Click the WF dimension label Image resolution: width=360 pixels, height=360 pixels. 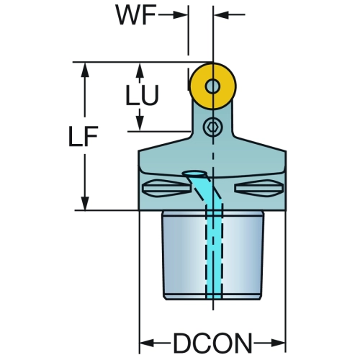click(136, 15)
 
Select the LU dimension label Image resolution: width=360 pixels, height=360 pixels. click(142, 95)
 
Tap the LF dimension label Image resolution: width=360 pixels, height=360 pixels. click(83, 136)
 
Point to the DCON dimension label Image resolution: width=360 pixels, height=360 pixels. click(212, 343)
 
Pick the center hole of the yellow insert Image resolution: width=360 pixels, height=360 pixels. click(212, 86)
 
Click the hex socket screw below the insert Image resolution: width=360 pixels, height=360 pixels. click(212, 127)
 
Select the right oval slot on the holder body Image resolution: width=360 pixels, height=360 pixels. click(258, 188)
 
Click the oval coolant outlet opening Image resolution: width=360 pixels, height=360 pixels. click(194, 174)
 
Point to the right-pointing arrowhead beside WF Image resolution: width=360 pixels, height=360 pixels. click(180, 15)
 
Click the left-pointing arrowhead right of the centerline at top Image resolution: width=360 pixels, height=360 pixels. click(221, 15)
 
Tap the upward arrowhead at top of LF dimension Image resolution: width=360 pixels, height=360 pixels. click(85, 70)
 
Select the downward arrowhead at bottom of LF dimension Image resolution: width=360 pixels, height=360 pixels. click(85, 203)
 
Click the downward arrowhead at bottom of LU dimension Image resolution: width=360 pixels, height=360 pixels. click(140, 123)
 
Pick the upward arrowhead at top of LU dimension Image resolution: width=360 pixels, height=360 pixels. click(140, 70)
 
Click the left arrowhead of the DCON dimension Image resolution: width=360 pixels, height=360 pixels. click(147, 343)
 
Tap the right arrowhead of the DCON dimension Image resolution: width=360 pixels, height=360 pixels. click(279, 343)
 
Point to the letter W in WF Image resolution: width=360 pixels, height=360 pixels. click(127, 15)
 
